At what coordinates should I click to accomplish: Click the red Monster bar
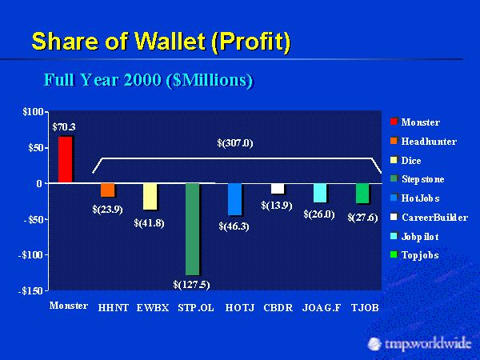click(x=65, y=159)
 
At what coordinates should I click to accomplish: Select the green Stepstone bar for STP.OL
click(x=191, y=228)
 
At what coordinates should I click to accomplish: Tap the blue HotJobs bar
click(x=234, y=198)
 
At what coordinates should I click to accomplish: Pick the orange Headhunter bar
click(x=107, y=190)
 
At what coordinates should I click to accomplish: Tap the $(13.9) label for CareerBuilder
click(x=277, y=206)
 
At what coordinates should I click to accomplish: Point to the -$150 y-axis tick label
click(x=30, y=291)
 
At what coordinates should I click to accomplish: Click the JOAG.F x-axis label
click(x=320, y=306)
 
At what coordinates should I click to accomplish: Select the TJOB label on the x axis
click(x=364, y=306)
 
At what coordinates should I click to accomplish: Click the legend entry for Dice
click(x=416, y=160)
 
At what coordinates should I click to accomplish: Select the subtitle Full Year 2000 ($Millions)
click(x=148, y=81)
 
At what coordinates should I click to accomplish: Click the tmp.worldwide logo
click(x=417, y=342)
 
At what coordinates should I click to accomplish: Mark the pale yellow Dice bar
click(x=150, y=196)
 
